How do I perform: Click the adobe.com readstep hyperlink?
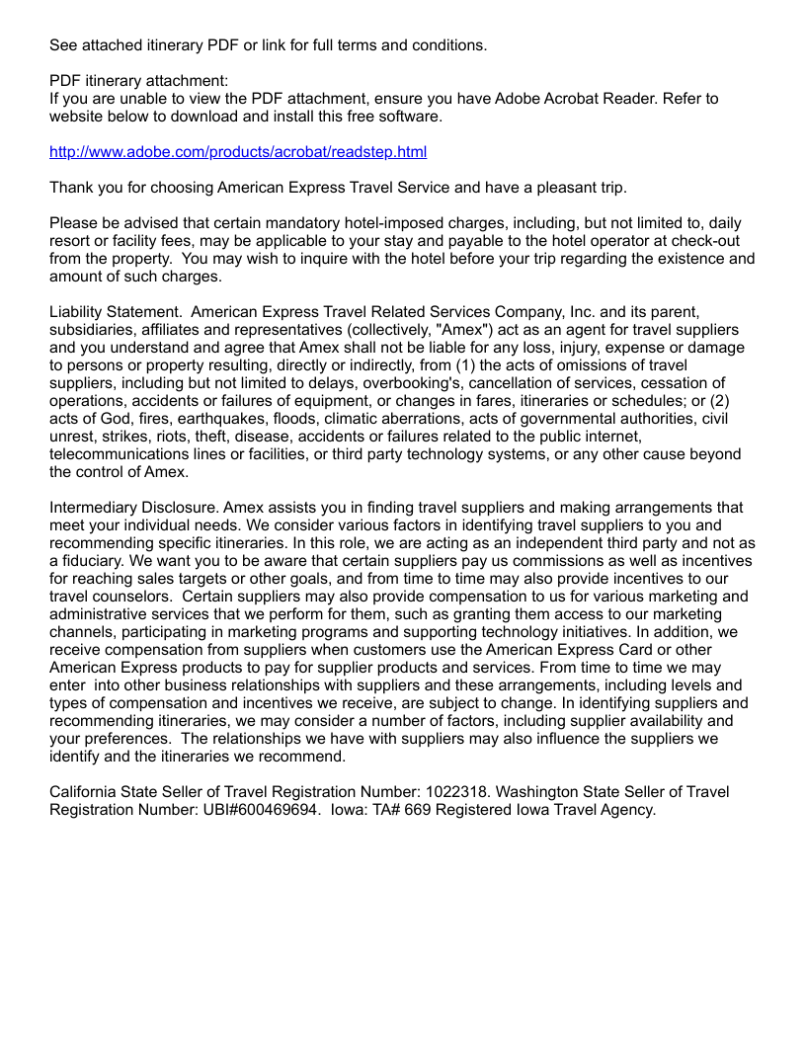(238, 152)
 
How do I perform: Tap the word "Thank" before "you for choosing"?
(70, 188)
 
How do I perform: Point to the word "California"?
(83, 792)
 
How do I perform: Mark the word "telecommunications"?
(119, 454)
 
